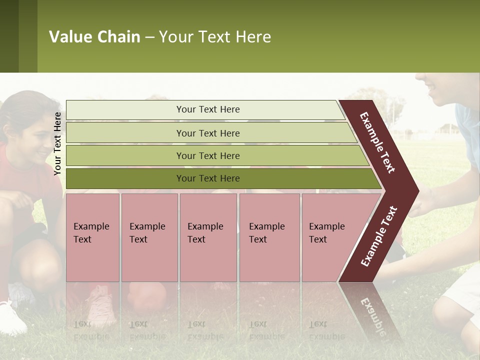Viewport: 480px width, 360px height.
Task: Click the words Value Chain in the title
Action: [x=94, y=37]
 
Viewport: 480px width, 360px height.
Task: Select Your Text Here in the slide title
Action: [x=215, y=37]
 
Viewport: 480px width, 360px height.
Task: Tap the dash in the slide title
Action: [x=149, y=37]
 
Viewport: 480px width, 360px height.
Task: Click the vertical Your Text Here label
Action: [x=58, y=143]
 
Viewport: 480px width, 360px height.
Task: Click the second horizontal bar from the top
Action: [x=207, y=133]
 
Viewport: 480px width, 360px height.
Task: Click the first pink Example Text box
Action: [x=92, y=237]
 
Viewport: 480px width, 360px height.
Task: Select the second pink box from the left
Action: [x=149, y=237]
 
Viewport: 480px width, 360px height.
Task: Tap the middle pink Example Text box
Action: [x=208, y=237]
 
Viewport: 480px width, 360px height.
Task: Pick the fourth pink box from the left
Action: [x=269, y=237]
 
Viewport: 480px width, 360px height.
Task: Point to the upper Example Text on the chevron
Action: [x=378, y=142]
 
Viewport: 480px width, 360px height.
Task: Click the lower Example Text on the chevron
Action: [x=379, y=236]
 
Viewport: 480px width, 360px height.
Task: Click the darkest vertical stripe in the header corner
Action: [x=9, y=36]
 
